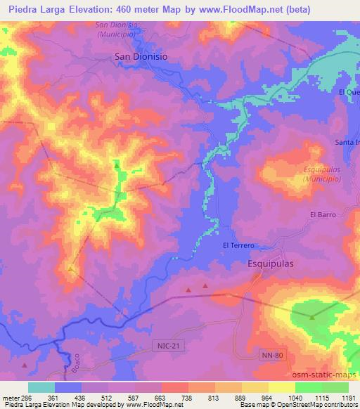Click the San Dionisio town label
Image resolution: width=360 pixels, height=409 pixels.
click(141, 58)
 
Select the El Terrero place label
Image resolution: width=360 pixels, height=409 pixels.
click(238, 245)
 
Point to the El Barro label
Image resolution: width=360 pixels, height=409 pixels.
click(323, 214)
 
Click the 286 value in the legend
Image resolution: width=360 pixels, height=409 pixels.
click(21, 397)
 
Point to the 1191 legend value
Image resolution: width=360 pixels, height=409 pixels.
click(349, 397)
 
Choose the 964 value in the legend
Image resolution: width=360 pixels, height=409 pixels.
click(269, 397)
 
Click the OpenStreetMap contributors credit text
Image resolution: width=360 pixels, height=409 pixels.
click(316, 405)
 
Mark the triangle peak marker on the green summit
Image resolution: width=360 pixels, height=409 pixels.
click(311, 317)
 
